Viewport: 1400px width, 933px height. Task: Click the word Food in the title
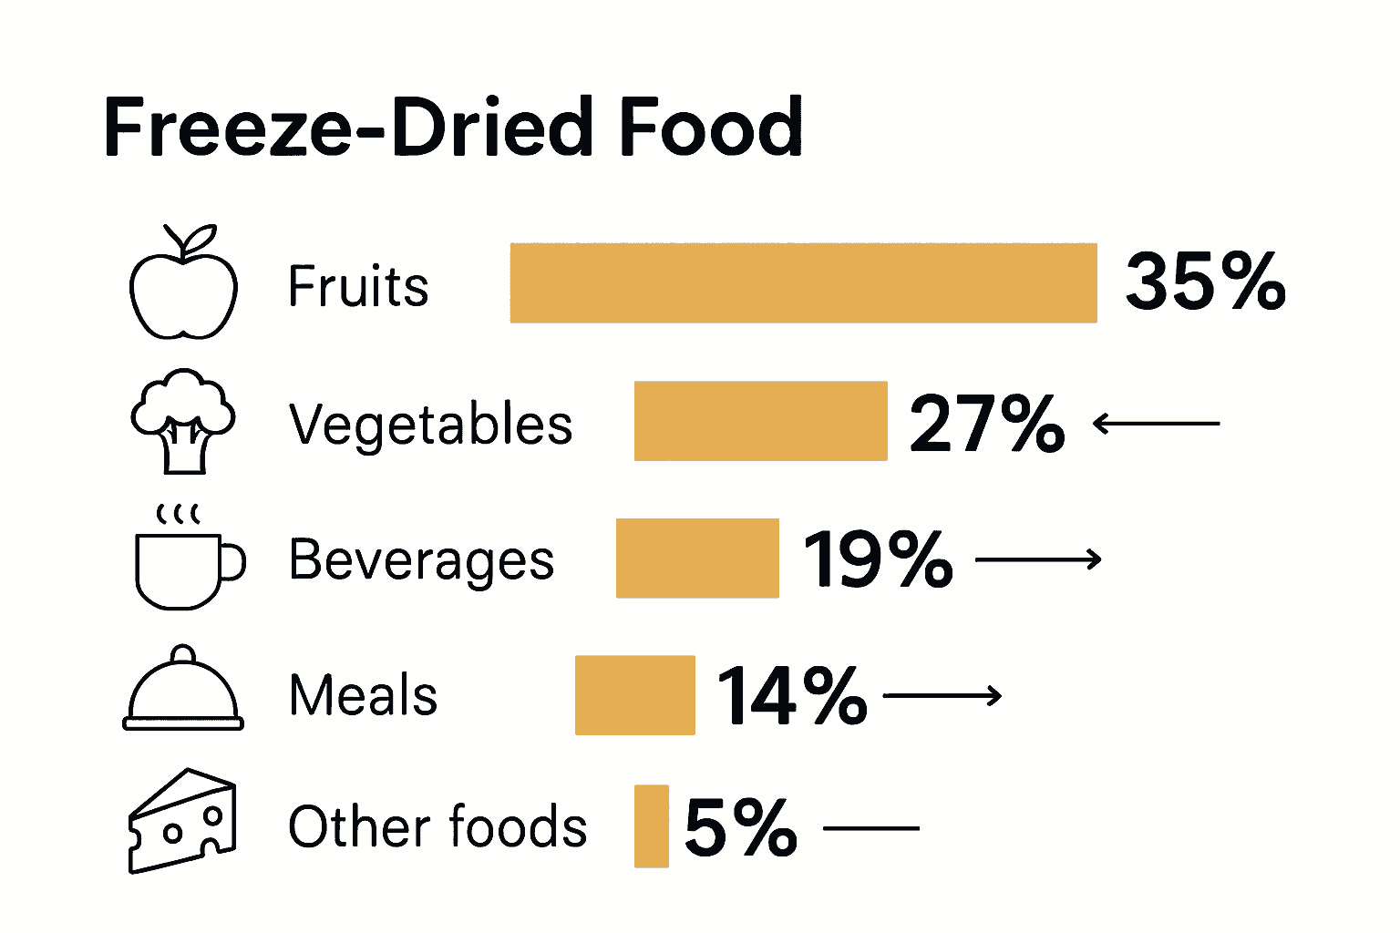[x=711, y=128]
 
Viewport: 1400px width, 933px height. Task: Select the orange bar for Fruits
[x=803, y=283]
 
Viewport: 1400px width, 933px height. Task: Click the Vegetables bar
[x=760, y=421]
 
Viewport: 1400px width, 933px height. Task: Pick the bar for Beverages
[x=697, y=559]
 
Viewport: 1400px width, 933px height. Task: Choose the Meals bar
[x=634, y=695]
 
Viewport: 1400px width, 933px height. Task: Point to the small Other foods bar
[x=651, y=826]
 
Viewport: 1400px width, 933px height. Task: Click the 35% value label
[x=1205, y=282]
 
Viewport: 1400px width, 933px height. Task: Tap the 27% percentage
[x=987, y=424]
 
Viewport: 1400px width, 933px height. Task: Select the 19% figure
[x=878, y=559]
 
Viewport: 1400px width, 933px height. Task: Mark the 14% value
[x=792, y=696]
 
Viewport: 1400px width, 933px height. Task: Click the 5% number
[x=740, y=827]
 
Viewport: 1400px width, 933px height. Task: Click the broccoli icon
[x=183, y=421]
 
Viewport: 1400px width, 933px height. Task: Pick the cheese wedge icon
[x=182, y=822]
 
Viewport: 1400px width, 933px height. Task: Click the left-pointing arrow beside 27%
[x=1156, y=424]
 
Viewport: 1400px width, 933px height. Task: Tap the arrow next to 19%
[x=1038, y=559]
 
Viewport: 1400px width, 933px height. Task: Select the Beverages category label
[x=421, y=559]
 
